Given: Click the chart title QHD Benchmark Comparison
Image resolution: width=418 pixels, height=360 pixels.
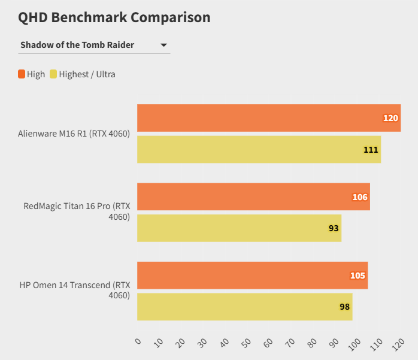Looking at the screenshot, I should point(114,17).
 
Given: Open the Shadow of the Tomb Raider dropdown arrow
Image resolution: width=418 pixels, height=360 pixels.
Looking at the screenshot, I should point(163,45).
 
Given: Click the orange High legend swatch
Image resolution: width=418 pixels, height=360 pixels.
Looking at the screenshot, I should point(22,74).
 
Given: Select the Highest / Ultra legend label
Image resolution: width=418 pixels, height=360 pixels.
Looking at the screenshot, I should point(87,74).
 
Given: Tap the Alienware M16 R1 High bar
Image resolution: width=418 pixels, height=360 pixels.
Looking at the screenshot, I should point(268,118).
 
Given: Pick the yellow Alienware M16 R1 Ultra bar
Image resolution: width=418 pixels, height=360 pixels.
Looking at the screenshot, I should point(259,149).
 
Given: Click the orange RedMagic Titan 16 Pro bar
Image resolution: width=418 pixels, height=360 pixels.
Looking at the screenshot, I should point(253,196).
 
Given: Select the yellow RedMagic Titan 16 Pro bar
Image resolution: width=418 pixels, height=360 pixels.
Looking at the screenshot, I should point(239,228).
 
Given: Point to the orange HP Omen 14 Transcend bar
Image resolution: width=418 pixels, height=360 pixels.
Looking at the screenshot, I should point(252,276).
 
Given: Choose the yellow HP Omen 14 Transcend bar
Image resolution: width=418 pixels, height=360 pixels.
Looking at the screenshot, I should point(244,307).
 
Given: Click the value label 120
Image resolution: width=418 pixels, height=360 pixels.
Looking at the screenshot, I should point(390,118).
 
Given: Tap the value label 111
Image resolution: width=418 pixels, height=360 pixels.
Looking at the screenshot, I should point(371,149).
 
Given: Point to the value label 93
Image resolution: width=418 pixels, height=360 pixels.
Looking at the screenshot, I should point(334,228).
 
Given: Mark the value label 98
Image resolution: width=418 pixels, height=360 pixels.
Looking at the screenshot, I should point(344,307).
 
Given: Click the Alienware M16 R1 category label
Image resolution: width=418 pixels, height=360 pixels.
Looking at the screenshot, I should point(74,134).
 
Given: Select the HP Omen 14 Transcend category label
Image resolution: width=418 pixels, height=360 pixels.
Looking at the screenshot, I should point(74,290).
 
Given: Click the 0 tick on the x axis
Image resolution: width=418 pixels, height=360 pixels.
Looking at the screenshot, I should point(138,341).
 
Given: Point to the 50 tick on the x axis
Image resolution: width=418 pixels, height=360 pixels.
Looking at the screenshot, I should point(246,342).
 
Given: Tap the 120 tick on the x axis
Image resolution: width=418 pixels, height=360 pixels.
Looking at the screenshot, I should point(398,343).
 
